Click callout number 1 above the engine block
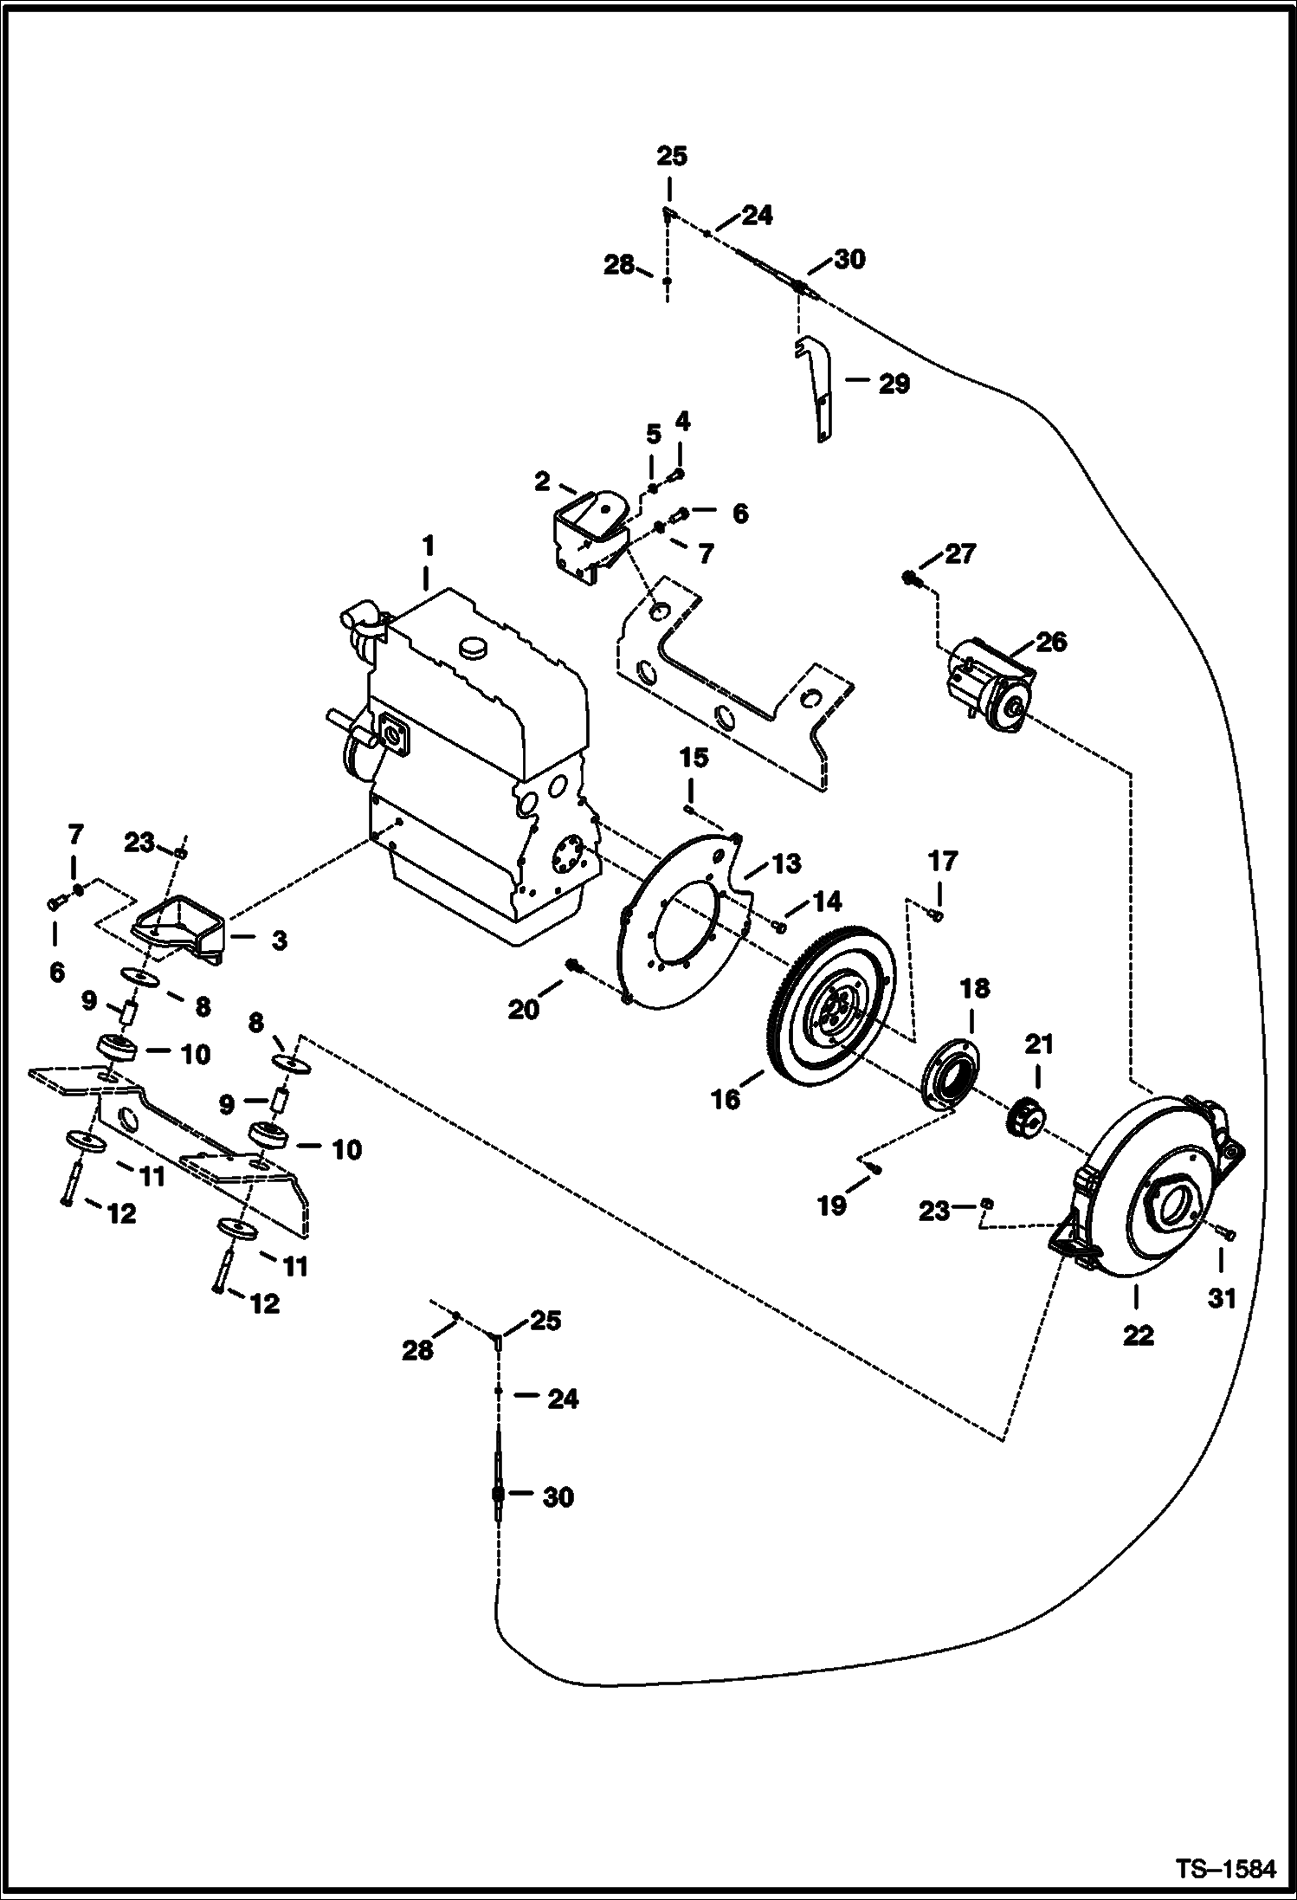pyautogui.click(x=427, y=546)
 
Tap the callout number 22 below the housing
pyautogui.click(x=1139, y=1335)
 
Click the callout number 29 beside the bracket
pyautogui.click(x=894, y=384)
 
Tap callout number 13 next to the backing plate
pyautogui.click(x=786, y=863)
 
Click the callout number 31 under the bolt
pyautogui.click(x=1222, y=1298)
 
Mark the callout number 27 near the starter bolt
pyautogui.click(x=959, y=553)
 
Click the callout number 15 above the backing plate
pyautogui.click(x=694, y=759)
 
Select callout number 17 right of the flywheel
pyautogui.click(x=943, y=861)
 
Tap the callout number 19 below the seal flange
pyautogui.click(x=832, y=1205)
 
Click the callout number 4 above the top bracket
pyautogui.click(x=682, y=422)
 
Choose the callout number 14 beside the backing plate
pyautogui.click(x=827, y=902)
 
